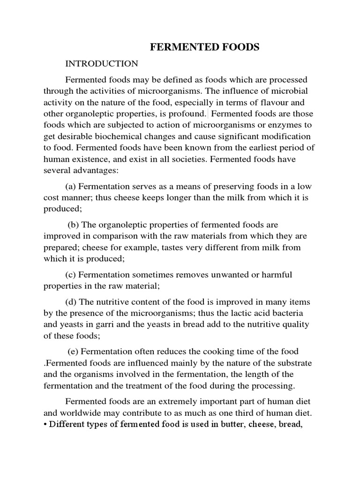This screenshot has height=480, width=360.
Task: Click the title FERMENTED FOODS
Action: pos(204,47)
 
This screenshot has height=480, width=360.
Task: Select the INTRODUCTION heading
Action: pos(102,64)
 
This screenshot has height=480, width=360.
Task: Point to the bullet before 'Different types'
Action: pos(45,425)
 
